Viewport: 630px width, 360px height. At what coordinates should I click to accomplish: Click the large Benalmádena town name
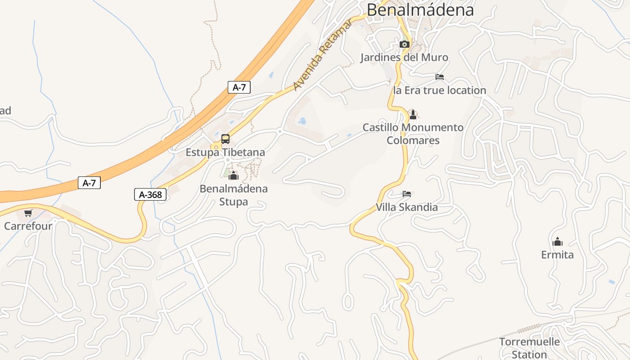420,9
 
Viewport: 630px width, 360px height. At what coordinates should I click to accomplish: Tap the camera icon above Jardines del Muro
404,44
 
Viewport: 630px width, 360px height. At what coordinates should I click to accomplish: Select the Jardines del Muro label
404,58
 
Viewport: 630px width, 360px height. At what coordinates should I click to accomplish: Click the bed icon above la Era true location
440,77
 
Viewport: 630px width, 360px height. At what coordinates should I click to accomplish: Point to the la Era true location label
440,90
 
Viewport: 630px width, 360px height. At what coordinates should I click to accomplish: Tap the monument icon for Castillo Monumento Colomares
413,114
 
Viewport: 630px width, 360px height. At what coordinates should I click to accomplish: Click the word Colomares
413,140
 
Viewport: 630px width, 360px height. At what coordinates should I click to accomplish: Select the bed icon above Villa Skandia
407,194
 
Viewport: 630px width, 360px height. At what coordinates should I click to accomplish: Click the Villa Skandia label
407,207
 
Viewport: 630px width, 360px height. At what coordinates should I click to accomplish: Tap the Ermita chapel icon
558,242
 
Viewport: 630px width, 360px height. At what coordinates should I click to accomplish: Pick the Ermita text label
558,255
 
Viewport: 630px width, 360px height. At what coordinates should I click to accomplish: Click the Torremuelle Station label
529,348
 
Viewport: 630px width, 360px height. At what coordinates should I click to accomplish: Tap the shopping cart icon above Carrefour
28,213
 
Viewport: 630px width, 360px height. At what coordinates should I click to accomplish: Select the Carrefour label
28,226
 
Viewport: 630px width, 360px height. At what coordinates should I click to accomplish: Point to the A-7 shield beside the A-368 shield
89,183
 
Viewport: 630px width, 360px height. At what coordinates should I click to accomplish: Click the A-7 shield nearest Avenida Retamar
239,87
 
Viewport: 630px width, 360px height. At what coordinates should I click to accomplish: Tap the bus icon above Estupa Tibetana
225,139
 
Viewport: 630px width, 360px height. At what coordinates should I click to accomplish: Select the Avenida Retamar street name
322,55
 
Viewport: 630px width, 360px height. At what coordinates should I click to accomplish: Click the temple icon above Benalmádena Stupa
233,175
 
